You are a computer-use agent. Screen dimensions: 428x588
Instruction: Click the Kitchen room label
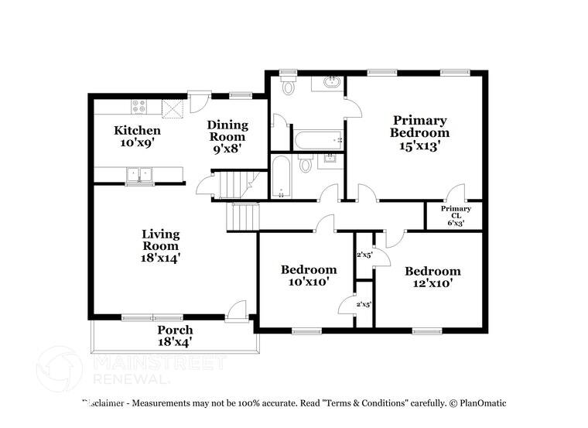[138, 136]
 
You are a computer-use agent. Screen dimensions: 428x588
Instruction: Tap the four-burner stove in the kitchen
[140, 105]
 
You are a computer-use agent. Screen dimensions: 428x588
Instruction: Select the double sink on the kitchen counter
[139, 174]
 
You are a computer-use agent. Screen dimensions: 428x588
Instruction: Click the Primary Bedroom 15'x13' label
[419, 132]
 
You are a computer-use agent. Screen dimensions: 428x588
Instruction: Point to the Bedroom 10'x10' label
[309, 276]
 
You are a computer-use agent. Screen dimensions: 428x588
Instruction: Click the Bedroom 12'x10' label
[432, 277]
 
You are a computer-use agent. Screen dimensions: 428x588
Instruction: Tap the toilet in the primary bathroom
[289, 86]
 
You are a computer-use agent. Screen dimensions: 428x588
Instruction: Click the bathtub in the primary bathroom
[317, 141]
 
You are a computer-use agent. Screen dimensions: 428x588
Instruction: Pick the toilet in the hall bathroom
[305, 163]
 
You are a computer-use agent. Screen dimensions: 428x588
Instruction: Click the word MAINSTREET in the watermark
[158, 363]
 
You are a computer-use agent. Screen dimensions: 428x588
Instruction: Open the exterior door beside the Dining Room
[199, 101]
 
